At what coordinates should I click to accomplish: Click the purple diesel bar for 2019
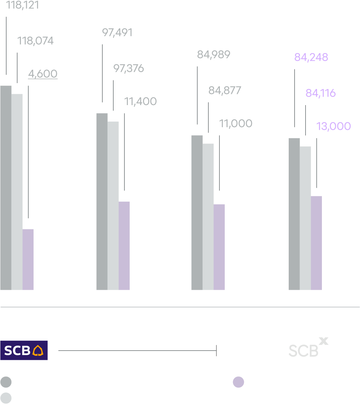28,259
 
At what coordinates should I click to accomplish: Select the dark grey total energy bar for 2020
102,201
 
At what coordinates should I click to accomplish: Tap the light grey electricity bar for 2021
208,216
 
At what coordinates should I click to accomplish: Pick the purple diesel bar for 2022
316,243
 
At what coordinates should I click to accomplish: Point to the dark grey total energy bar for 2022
294,214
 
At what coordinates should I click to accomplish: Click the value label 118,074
35,41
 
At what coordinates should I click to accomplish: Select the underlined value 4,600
43,74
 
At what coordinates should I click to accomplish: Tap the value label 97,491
117,33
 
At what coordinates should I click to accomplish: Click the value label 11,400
141,102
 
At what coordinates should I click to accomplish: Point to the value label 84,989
214,55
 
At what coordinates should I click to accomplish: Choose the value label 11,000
236,124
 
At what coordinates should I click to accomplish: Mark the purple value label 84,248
311,57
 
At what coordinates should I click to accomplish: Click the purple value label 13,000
333,126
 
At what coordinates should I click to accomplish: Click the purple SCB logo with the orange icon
24,350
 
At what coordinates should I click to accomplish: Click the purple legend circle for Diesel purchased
238,382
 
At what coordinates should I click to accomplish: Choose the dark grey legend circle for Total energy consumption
6,382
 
